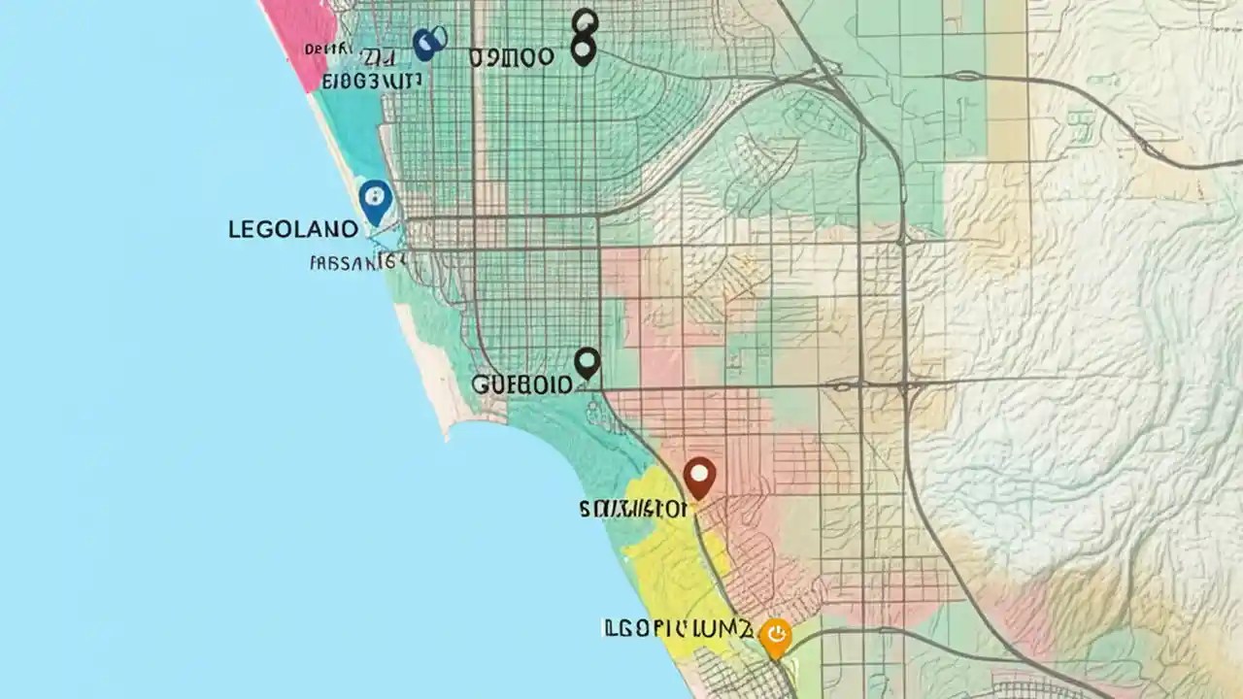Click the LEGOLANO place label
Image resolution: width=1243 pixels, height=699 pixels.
coord(293,230)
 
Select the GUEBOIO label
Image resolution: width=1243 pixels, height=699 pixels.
coord(521,384)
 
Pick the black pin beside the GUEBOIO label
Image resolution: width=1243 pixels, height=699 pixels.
coord(587,363)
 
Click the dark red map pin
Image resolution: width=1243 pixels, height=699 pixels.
coord(699,477)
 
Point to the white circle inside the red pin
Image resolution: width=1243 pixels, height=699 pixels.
coord(699,474)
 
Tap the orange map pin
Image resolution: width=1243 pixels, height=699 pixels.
coord(775,637)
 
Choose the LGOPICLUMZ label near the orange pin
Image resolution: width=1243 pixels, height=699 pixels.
coord(677,629)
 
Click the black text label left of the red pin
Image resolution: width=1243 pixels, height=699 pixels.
coord(633,508)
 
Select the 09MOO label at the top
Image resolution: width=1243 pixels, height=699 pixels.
coord(512,57)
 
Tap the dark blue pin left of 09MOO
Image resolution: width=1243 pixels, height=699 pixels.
coord(427,43)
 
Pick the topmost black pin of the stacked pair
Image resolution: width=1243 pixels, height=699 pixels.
coord(585,21)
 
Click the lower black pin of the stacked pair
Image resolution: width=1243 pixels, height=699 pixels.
coord(583,50)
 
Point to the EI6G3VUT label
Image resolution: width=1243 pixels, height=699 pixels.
coord(371,81)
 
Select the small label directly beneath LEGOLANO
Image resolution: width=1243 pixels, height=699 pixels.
coord(356,261)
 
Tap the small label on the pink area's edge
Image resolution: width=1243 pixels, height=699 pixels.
coord(320,49)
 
